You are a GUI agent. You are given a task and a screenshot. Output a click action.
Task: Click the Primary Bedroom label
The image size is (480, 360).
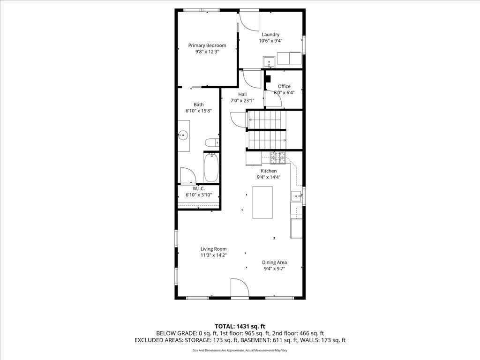coord(207,45)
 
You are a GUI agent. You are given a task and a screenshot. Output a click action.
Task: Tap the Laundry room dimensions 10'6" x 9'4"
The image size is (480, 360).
coord(270,41)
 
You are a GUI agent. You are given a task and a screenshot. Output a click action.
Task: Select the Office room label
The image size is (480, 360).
coord(284,86)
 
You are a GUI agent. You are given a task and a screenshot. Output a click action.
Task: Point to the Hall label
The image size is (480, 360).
coord(242,94)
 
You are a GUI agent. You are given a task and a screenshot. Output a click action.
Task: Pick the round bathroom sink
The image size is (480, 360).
coord(183,135)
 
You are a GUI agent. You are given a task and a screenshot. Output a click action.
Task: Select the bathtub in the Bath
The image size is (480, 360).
coord(211,168)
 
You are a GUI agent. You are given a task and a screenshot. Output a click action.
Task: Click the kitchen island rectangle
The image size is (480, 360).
coord(262,202)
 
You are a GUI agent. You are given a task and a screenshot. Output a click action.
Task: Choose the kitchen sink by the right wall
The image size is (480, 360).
coord(296,196)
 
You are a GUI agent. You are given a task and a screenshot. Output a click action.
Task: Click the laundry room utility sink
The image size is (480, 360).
coord(269,60)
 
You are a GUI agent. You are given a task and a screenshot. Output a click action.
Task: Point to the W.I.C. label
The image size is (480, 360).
coord(199,188)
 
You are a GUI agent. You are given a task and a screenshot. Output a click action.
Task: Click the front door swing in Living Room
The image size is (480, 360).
coord(239,288)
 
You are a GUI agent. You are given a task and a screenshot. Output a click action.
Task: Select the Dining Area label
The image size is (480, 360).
coord(274,262)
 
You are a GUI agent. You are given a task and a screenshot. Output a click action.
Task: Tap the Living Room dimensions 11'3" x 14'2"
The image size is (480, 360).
coord(213,255)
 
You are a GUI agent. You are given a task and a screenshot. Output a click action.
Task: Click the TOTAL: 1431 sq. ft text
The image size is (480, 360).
coord(240,326)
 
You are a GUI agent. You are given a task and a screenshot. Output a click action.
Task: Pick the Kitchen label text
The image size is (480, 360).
coord(269,171)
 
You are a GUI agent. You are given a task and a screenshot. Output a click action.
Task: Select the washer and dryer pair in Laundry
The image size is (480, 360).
coord(289,58)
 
